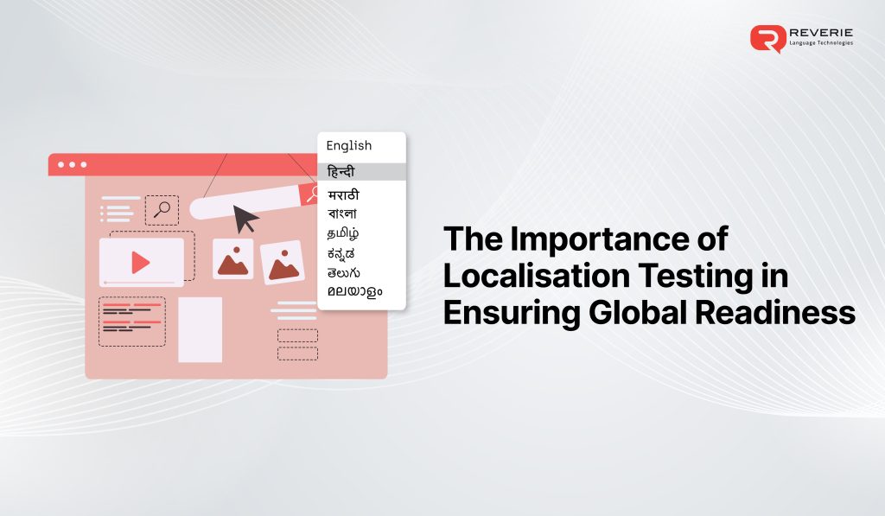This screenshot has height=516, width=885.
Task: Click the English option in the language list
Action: pos(348,145)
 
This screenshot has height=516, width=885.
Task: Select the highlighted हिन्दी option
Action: pos(341,171)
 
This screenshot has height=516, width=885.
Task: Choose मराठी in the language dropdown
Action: pos(344,194)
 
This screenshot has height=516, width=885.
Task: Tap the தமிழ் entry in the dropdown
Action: pos(344,233)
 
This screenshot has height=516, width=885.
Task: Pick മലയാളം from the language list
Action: pos(354,290)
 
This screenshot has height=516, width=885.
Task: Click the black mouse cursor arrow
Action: pos(245,218)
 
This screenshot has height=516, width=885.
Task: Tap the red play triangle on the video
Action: pos(140,263)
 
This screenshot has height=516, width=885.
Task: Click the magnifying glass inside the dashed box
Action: pos(162,210)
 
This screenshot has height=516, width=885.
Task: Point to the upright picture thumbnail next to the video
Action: pos(232,259)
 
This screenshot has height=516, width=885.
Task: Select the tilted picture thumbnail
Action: pos(282,263)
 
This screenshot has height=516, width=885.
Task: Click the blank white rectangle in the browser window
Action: pos(200,329)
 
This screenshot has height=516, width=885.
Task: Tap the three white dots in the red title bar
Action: pos(72,164)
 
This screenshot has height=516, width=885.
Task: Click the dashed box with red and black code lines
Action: pos(132,322)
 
